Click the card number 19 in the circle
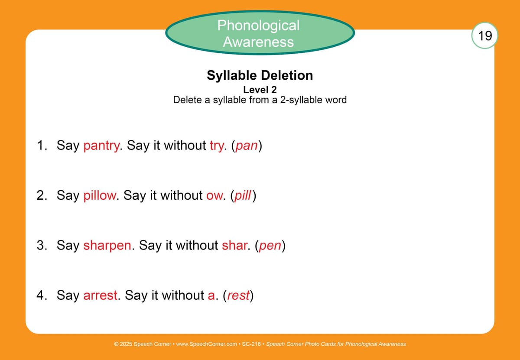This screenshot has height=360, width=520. pos(485,36)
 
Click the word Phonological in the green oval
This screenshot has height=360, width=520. pos(258,25)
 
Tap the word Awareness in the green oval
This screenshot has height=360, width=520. pos(258,42)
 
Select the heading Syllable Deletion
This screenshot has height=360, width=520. pos(260,75)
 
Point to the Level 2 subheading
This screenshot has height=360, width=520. pos(260,90)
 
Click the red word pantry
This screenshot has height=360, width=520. pos(101,146)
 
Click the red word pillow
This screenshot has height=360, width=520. pos(100,195)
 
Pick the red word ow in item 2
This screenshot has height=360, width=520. pos(214,196)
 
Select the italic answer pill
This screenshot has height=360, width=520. pos(243,195)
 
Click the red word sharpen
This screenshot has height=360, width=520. pos(107,246)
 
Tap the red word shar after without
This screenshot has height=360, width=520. pos(234,245)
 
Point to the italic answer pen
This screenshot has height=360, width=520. pos(270,246)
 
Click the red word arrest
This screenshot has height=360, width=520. pos(100,296)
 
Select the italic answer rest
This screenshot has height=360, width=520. pos(238,296)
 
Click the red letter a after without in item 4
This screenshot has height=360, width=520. pos(211,296)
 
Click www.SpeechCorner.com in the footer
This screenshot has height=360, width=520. pos(206,344)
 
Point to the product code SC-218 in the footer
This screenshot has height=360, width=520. pos(251,344)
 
